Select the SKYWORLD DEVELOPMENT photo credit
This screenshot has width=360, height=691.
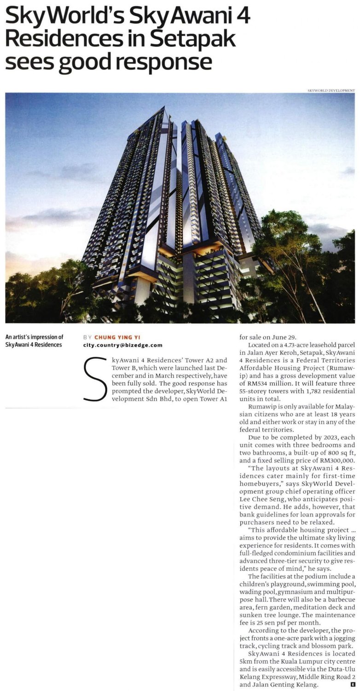[x=331, y=90]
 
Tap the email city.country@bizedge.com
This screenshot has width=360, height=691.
[x=122, y=345]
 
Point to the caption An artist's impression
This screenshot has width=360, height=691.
[x=34, y=337]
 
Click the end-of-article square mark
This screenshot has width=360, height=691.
[x=352, y=685]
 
